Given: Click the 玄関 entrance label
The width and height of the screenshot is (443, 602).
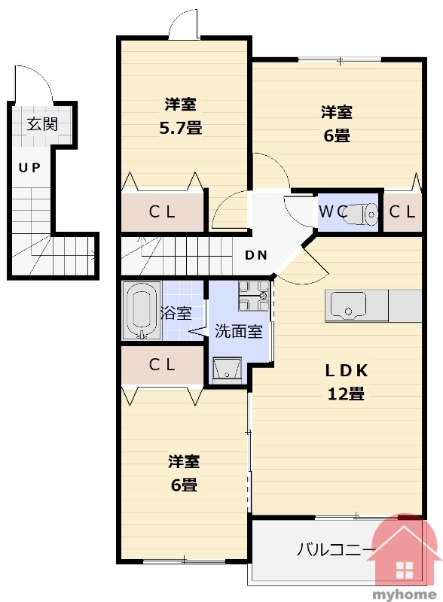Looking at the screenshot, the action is pyautogui.click(x=42, y=124).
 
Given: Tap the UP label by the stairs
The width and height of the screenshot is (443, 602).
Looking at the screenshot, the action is pyautogui.click(x=29, y=168).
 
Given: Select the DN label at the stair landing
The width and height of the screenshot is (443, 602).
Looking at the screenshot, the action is pyautogui.click(x=256, y=255).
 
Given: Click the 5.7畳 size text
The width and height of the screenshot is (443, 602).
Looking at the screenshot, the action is pyautogui.click(x=181, y=128).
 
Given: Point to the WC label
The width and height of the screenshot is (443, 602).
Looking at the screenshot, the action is pyautogui.click(x=333, y=211).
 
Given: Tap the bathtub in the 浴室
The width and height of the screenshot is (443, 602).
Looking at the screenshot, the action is pyautogui.click(x=141, y=311).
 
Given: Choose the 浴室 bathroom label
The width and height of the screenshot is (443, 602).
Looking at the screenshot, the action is pyautogui.click(x=176, y=313).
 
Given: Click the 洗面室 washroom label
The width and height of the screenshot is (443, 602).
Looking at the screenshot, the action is pyautogui.click(x=238, y=331).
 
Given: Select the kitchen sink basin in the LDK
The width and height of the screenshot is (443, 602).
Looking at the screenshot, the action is pyautogui.click(x=348, y=305).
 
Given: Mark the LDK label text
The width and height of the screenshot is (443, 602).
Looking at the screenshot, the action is pyautogui.click(x=347, y=370).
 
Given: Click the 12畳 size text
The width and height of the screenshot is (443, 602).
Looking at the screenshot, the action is pyautogui.click(x=346, y=394).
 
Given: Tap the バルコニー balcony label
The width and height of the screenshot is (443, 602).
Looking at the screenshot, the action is pyautogui.click(x=335, y=550).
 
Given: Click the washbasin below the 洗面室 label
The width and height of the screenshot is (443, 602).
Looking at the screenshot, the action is pyautogui.click(x=228, y=370).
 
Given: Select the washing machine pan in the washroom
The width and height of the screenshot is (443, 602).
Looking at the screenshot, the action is pyautogui.click(x=254, y=295).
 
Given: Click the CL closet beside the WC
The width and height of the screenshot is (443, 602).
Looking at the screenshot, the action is pyautogui.click(x=402, y=211).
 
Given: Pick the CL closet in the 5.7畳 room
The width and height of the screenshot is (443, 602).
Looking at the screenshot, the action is pyautogui.click(x=162, y=211).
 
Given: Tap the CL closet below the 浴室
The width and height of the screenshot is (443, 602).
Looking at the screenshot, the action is pyautogui.click(x=162, y=365).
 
